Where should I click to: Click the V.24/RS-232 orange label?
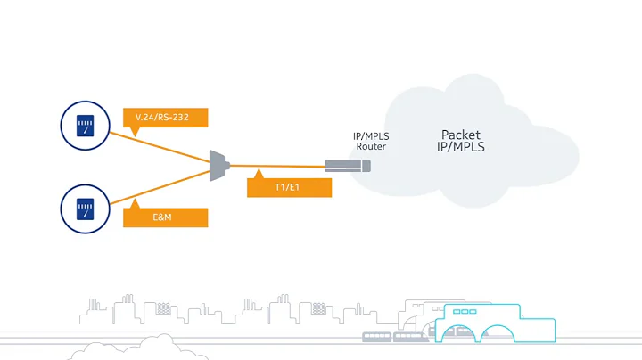point(165,118)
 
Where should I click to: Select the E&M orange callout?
point(165,217)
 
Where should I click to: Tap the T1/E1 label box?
point(289,187)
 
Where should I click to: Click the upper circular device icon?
point(85,124)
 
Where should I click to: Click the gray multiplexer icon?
point(218,165)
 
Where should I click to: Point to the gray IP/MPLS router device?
point(347,165)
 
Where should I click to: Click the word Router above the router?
point(370,146)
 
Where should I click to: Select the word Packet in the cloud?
point(461,135)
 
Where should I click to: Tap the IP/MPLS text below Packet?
point(461,147)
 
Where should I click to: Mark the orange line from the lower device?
point(160,187)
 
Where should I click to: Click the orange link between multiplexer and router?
point(276,166)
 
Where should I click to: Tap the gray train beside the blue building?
point(397,337)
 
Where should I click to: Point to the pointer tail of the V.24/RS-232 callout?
point(134,132)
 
